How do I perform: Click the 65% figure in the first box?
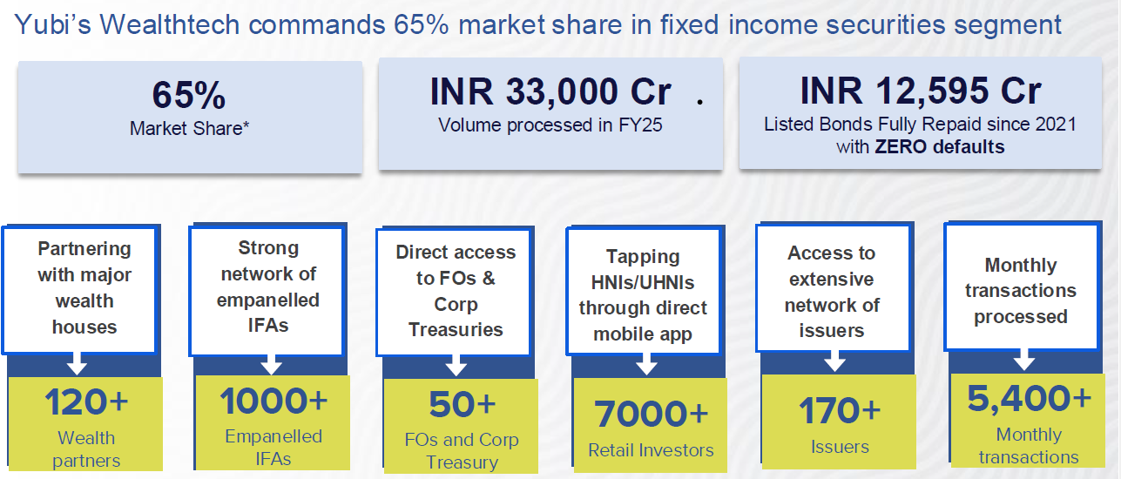189,95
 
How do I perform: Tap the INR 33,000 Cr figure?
550,91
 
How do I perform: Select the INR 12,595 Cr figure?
921,91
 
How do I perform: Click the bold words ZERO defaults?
939,146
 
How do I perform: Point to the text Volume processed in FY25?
550,125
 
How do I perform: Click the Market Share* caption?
189,128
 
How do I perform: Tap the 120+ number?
86,401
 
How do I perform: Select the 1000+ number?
273,401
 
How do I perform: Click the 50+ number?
462,404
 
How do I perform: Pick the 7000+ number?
651,414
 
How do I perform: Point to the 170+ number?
840,410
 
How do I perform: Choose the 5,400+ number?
1029,398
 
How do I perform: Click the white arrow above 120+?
77,363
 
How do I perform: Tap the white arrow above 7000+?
646,363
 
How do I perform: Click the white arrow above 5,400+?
1024,360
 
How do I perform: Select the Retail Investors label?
651,450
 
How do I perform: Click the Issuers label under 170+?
840,447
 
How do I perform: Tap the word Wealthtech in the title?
170,24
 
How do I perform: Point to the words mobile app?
643,334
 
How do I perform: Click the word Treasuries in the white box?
456,330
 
